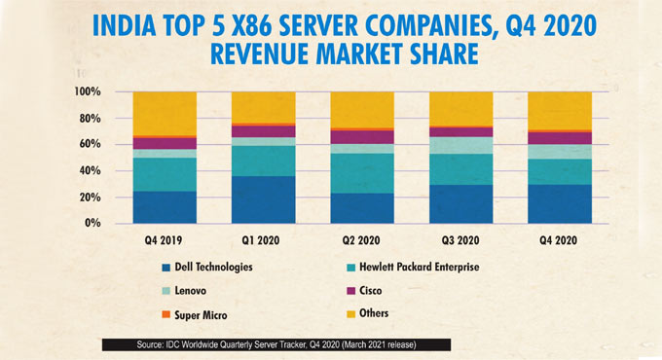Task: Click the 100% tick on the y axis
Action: click(x=86, y=91)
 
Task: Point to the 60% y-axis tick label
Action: click(x=89, y=144)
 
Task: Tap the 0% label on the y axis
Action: click(x=92, y=223)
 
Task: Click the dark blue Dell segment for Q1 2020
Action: click(x=263, y=199)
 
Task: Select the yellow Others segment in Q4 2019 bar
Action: click(x=165, y=113)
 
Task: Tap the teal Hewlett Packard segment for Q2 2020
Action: click(x=362, y=172)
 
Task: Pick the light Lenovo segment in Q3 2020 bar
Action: click(x=460, y=145)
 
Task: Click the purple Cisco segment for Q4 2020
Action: click(x=559, y=137)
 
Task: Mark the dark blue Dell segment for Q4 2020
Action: click(x=559, y=203)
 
